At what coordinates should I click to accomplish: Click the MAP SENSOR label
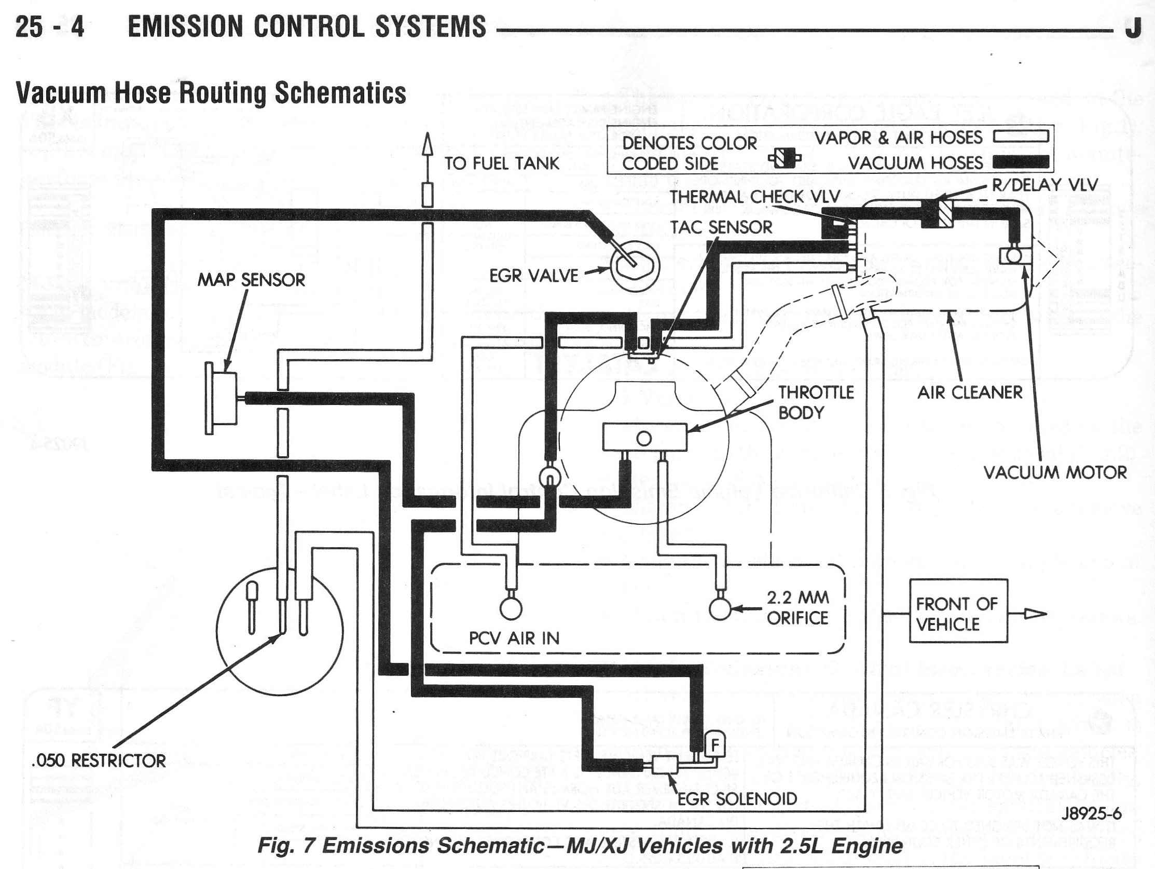click(251, 280)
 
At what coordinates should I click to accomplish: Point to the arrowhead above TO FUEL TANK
click(428, 143)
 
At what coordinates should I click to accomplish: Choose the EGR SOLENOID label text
click(737, 798)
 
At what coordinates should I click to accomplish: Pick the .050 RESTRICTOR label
click(98, 761)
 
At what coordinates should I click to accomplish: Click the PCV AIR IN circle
click(511, 607)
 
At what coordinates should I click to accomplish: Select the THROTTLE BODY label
click(816, 402)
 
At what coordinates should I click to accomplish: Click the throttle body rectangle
click(644, 437)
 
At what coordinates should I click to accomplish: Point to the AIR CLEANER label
click(970, 392)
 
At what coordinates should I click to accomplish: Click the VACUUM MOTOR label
click(1055, 472)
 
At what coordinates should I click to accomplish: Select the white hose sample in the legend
click(1021, 137)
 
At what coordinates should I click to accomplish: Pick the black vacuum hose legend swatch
click(1021, 162)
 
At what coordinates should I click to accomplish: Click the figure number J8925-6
click(1091, 813)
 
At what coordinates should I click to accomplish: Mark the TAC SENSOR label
click(721, 227)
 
